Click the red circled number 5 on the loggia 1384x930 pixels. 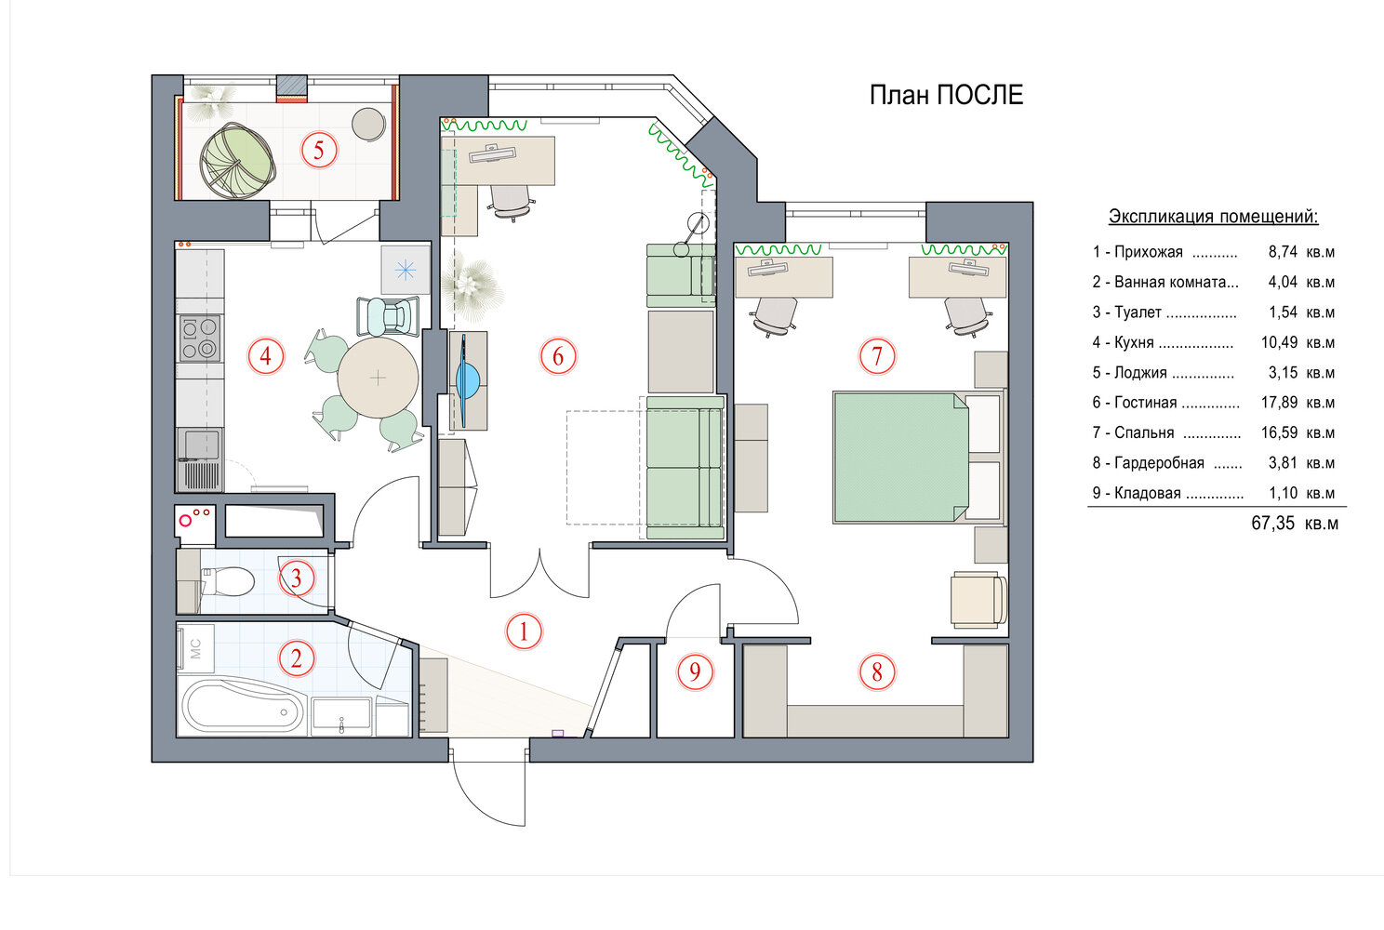[319, 150]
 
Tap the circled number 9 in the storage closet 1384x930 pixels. [695, 671]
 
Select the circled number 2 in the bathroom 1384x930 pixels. [297, 658]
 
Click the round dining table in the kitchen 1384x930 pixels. [379, 378]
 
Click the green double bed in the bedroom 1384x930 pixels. [901, 458]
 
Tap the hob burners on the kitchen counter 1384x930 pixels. [200, 338]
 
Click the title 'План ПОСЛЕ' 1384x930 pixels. [946, 95]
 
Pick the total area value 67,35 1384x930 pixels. [1272, 524]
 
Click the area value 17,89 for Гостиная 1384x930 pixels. [1279, 403]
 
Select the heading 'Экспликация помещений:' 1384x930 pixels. [1214, 217]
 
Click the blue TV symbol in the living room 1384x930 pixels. [468, 380]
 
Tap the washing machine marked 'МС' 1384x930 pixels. [196, 648]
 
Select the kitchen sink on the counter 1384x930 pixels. [201, 445]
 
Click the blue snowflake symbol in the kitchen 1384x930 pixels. [406, 270]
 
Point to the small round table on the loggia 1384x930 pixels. [369, 124]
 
